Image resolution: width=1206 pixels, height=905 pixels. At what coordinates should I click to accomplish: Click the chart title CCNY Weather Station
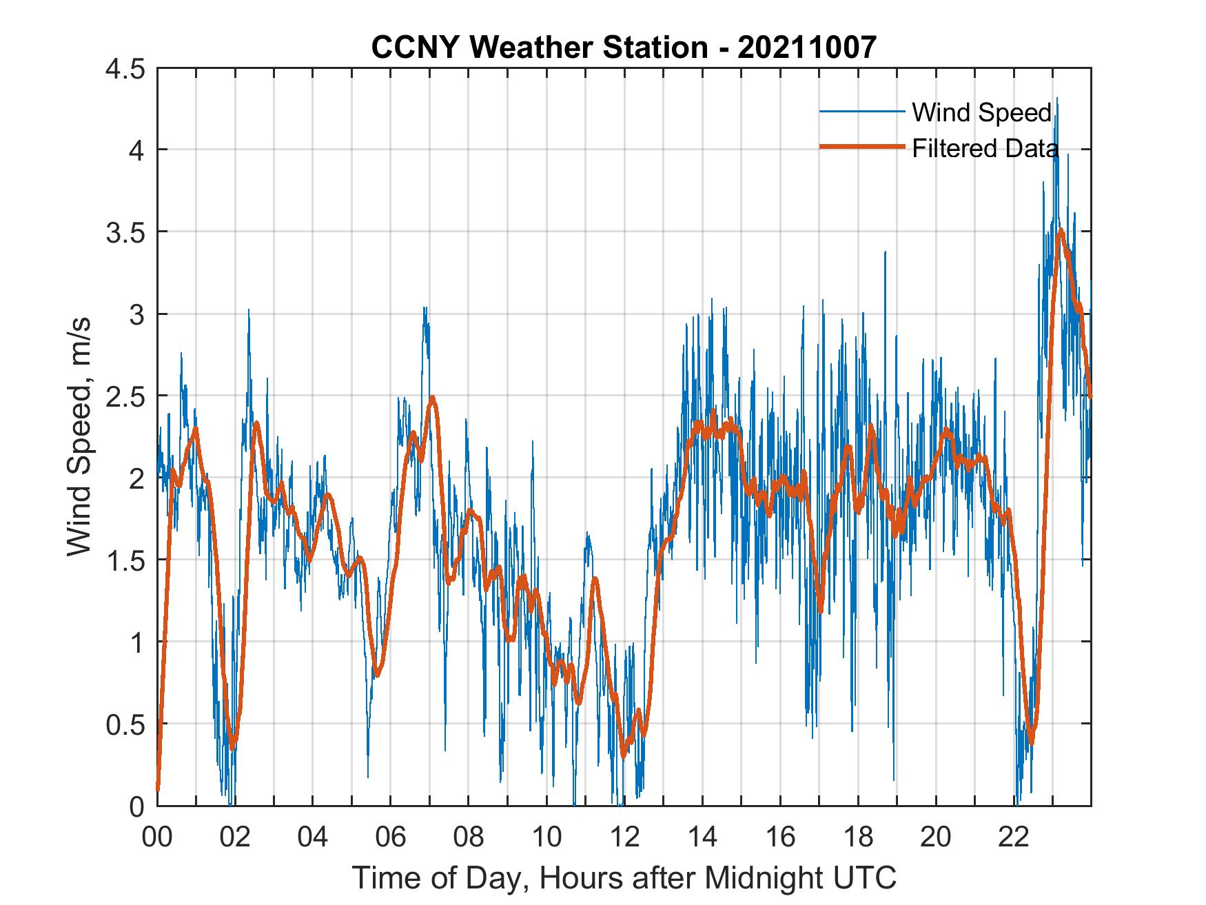pos(624,47)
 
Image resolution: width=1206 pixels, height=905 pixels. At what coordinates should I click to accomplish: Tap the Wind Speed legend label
pos(981,112)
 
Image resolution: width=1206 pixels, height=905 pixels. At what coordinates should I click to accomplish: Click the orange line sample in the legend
pos(861,147)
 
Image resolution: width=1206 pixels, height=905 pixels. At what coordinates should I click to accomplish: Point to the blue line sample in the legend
pos(861,112)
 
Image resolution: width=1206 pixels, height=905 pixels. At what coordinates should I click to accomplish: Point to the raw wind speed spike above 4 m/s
pos(1057,100)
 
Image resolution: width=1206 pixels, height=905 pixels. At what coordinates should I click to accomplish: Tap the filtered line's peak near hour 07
pos(432,398)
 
